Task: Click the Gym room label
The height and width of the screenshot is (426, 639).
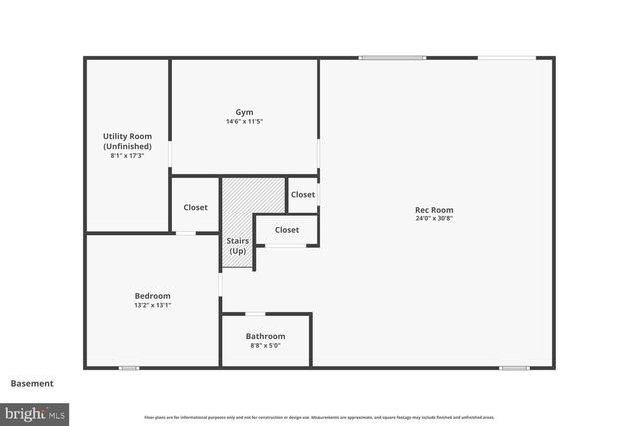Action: [x=244, y=112]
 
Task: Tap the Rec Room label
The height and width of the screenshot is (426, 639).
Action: [x=434, y=210]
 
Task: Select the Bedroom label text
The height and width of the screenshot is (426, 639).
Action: [x=152, y=296]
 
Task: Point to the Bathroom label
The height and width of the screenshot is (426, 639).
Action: [x=265, y=336]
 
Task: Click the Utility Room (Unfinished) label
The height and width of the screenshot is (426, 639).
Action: [x=127, y=141]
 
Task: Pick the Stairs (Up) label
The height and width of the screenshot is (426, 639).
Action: [x=237, y=245]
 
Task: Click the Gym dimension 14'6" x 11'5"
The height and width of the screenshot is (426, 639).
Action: [x=244, y=122]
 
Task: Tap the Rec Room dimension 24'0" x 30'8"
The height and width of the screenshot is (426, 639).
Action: [x=434, y=219]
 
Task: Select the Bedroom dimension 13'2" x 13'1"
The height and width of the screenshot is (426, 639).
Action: [x=152, y=306]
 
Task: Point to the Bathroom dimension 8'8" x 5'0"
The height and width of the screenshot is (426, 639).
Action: [x=265, y=346]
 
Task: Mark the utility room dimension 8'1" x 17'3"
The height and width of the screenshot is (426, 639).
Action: [x=127, y=156]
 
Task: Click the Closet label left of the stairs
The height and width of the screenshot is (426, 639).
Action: [x=196, y=207]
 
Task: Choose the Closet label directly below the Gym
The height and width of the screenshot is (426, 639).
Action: [x=303, y=195]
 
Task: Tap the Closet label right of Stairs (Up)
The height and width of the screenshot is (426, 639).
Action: [x=287, y=230]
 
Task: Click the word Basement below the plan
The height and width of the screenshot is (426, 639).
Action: [x=32, y=383]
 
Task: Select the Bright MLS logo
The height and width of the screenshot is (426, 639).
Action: [x=35, y=412]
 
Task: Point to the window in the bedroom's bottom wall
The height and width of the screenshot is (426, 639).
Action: [x=129, y=368]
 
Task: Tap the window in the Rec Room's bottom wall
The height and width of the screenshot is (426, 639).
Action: [x=514, y=368]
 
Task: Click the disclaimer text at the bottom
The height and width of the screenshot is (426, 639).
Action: [x=319, y=417]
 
